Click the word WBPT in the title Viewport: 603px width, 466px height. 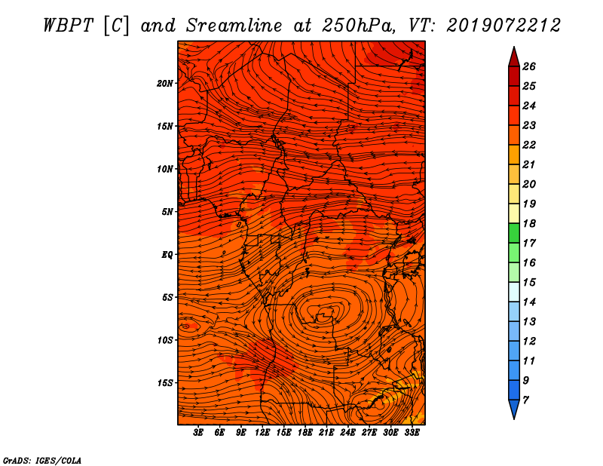pos(68,26)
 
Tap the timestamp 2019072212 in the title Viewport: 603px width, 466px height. pos(503,26)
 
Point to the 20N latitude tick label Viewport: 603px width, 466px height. pos(165,84)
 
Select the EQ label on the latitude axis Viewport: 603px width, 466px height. pos(167,255)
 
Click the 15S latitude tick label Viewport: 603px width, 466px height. pos(165,383)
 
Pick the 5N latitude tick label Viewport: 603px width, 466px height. pos(167,212)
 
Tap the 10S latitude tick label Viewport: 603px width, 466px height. pos(165,340)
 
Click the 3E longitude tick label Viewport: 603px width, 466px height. pos(198,433)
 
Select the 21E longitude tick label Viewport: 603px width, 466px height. pos(326,433)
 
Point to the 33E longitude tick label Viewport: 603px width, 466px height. pos(412,433)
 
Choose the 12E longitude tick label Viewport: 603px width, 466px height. pos(262,433)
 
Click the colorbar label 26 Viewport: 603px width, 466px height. pos(529,66)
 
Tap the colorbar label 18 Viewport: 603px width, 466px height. pos(529,223)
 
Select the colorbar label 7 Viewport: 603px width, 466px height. pos(525,400)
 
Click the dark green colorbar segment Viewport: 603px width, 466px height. pos(514,233)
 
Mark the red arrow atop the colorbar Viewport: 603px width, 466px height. pos(514,57)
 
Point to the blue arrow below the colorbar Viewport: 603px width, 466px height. pos(514,409)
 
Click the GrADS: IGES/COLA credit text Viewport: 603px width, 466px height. pos(42,461)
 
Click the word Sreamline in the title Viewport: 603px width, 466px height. pos(234,26)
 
